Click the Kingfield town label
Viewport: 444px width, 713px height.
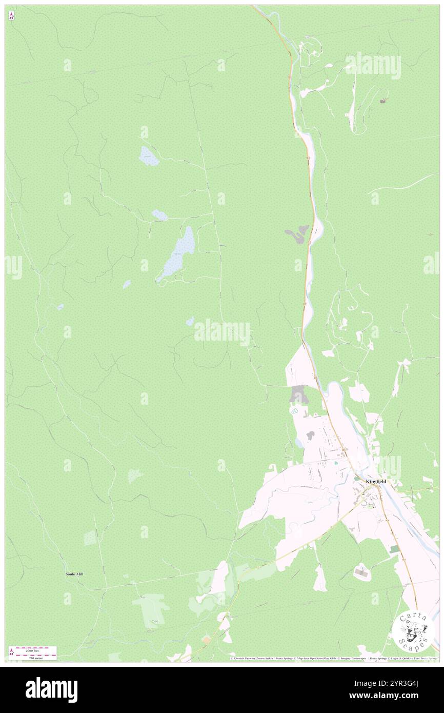[x=376, y=482]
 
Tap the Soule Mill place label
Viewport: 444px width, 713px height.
[x=74, y=574]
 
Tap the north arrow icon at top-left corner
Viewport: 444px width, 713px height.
[x=11, y=15]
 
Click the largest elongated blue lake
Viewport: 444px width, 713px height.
[x=177, y=253]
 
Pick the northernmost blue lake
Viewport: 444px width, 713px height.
[x=148, y=156]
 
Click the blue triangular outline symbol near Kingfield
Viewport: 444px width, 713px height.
[x=295, y=411]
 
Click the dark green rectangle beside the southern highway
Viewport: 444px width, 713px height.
[x=394, y=549]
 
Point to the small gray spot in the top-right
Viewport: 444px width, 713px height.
[x=383, y=101]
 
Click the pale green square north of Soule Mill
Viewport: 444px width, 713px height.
[x=90, y=538]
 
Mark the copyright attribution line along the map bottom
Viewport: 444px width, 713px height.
[x=333, y=658]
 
